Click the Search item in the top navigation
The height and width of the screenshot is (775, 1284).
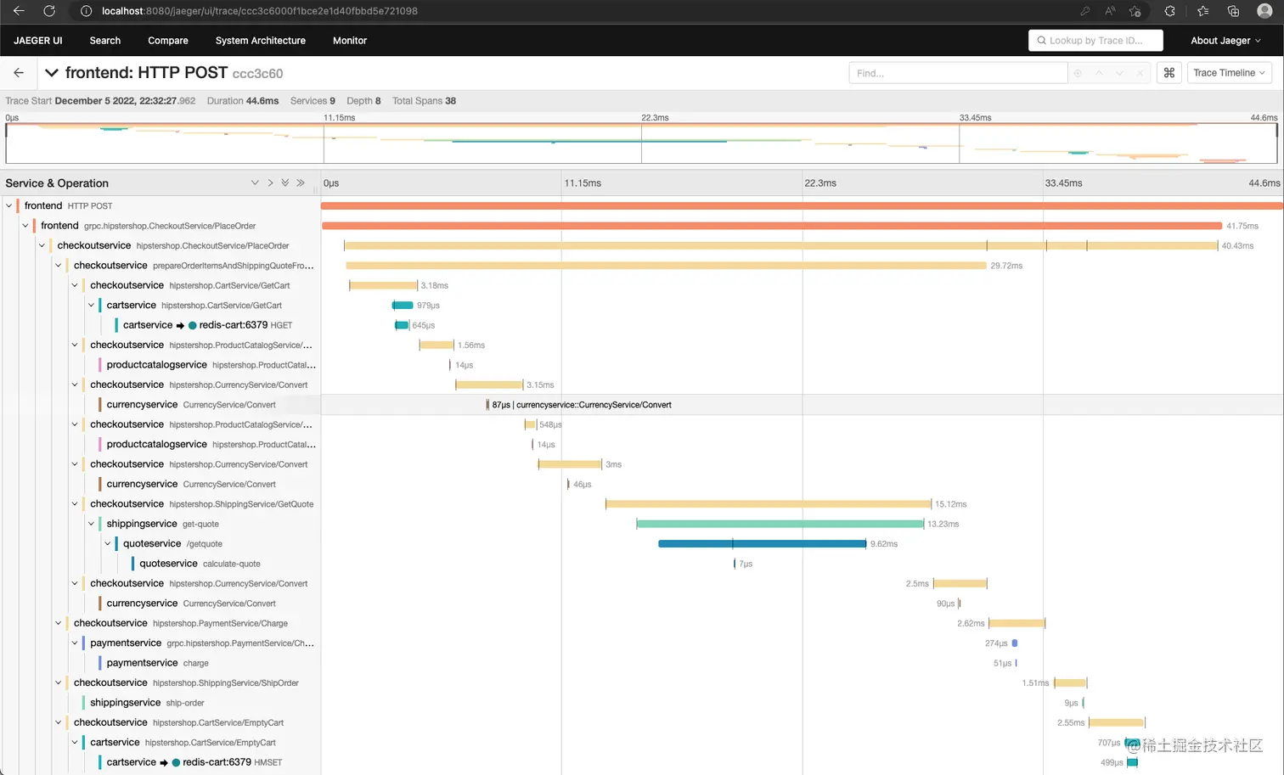[104, 41]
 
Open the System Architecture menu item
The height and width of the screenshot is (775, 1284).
[260, 41]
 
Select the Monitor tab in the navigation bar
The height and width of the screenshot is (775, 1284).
[349, 41]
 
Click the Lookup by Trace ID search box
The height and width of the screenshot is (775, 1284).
[1095, 41]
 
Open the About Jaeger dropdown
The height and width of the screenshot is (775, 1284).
[1225, 41]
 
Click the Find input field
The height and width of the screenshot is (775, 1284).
[957, 73]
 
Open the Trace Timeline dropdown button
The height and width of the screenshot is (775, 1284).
[1228, 73]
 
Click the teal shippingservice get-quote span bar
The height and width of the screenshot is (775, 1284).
[780, 524]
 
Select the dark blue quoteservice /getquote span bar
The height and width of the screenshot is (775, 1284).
[762, 543]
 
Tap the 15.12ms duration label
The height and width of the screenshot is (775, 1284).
[950, 504]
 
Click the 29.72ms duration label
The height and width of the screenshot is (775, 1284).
[1005, 266]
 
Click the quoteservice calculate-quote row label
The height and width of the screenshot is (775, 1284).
[200, 564]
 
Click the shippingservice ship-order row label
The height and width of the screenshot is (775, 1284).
[147, 703]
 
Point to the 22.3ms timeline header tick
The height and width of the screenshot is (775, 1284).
[819, 183]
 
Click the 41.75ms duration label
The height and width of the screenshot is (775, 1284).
[1242, 226]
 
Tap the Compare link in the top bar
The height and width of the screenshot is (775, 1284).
[167, 41]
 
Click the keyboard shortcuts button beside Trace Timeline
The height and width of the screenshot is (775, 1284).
[1169, 73]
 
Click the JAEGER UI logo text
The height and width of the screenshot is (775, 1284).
[38, 41]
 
